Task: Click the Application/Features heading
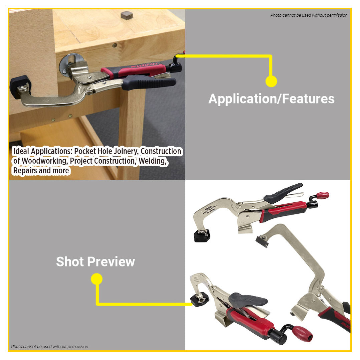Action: tap(271, 99)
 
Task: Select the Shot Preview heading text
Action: tap(95, 261)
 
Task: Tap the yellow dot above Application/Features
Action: tap(271, 81)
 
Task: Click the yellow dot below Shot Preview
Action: tap(97, 279)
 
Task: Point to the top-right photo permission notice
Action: tap(309, 15)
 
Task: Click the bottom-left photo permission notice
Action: tap(50, 346)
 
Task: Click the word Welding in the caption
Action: tap(152, 161)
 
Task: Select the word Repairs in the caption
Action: tap(26, 171)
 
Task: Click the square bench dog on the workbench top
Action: tap(127, 15)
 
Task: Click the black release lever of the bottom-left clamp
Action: tap(249, 299)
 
